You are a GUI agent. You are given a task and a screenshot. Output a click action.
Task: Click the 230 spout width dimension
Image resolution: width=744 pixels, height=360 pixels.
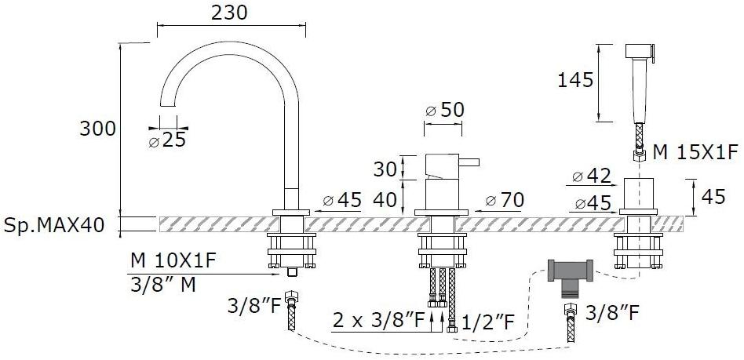[229, 13]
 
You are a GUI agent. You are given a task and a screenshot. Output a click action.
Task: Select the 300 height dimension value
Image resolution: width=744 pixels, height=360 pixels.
[97, 129]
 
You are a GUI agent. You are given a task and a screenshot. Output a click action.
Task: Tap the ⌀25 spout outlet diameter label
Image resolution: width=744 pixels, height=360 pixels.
[167, 140]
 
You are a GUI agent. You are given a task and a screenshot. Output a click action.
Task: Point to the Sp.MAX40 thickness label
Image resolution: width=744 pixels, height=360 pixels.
[53, 225]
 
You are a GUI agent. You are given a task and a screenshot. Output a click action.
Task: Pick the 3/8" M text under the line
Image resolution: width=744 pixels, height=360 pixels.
[162, 285]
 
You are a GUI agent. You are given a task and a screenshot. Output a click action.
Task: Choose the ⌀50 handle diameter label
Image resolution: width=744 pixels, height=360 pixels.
[445, 111]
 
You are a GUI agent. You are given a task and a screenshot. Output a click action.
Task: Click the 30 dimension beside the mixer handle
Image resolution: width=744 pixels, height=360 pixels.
[385, 169]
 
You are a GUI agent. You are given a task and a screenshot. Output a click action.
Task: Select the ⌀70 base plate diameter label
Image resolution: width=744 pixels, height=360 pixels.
[505, 201]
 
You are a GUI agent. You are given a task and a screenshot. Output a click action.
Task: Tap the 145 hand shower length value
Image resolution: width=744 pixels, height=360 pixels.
[575, 80]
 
